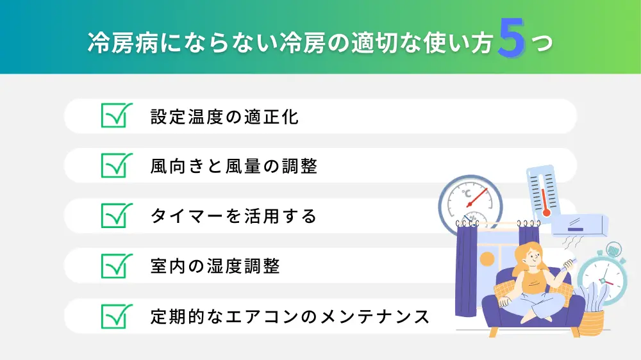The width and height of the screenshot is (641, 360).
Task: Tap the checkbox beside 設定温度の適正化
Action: (x=117, y=115)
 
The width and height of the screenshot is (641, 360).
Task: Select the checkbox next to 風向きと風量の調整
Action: (x=117, y=165)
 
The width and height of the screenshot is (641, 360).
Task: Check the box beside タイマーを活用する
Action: (x=117, y=215)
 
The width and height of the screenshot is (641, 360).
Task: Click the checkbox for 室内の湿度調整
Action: (x=117, y=266)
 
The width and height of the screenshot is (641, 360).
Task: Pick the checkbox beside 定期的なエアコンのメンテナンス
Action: (x=117, y=316)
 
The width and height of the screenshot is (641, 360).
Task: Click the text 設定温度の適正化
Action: (x=224, y=117)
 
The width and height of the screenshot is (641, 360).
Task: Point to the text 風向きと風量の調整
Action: (x=234, y=167)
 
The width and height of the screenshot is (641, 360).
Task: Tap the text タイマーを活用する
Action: (x=233, y=216)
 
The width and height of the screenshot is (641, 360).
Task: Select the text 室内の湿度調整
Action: (x=215, y=266)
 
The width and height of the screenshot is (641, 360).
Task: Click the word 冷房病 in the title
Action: (x=123, y=42)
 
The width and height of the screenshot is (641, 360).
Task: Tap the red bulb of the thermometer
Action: (x=546, y=212)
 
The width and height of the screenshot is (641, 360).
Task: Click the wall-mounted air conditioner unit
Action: (x=579, y=225)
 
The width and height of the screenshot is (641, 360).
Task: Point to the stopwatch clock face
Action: (x=602, y=279)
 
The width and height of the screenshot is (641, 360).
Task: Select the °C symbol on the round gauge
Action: (x=467, y=193)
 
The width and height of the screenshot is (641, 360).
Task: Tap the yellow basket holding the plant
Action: (x=592, y=323)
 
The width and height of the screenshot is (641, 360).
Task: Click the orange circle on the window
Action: (x=487, y=259)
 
